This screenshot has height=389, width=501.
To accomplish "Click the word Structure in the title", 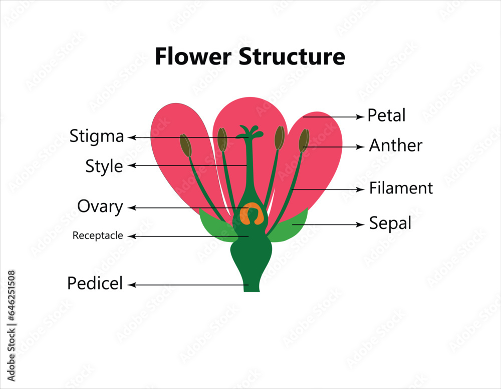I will coord(291,56).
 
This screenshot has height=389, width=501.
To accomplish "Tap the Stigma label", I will coord(97,136).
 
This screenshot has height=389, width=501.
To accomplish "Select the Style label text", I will coord(104,166).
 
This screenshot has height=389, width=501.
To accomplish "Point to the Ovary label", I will coord(100,206).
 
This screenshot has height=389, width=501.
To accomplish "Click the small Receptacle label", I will coord(98,235).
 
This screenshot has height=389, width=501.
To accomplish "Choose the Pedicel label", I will coord(95,283).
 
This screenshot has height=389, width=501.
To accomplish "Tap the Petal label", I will coord(386,115).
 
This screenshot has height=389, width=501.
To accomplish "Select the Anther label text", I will coord(395,145).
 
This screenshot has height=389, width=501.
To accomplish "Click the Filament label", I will coord(401,188).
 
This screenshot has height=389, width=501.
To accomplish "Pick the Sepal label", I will coord(390,223).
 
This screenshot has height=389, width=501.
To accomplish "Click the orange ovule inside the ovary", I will coord(251,214).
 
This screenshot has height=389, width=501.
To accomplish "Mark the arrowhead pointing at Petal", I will coord(360,116).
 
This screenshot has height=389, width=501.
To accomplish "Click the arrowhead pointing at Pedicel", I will coord(132,285).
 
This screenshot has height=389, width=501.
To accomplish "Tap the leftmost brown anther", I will coord(185,145).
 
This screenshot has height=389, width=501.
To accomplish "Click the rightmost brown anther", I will coord(304,140).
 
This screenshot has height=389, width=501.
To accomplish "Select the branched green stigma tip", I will coord(249,132).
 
